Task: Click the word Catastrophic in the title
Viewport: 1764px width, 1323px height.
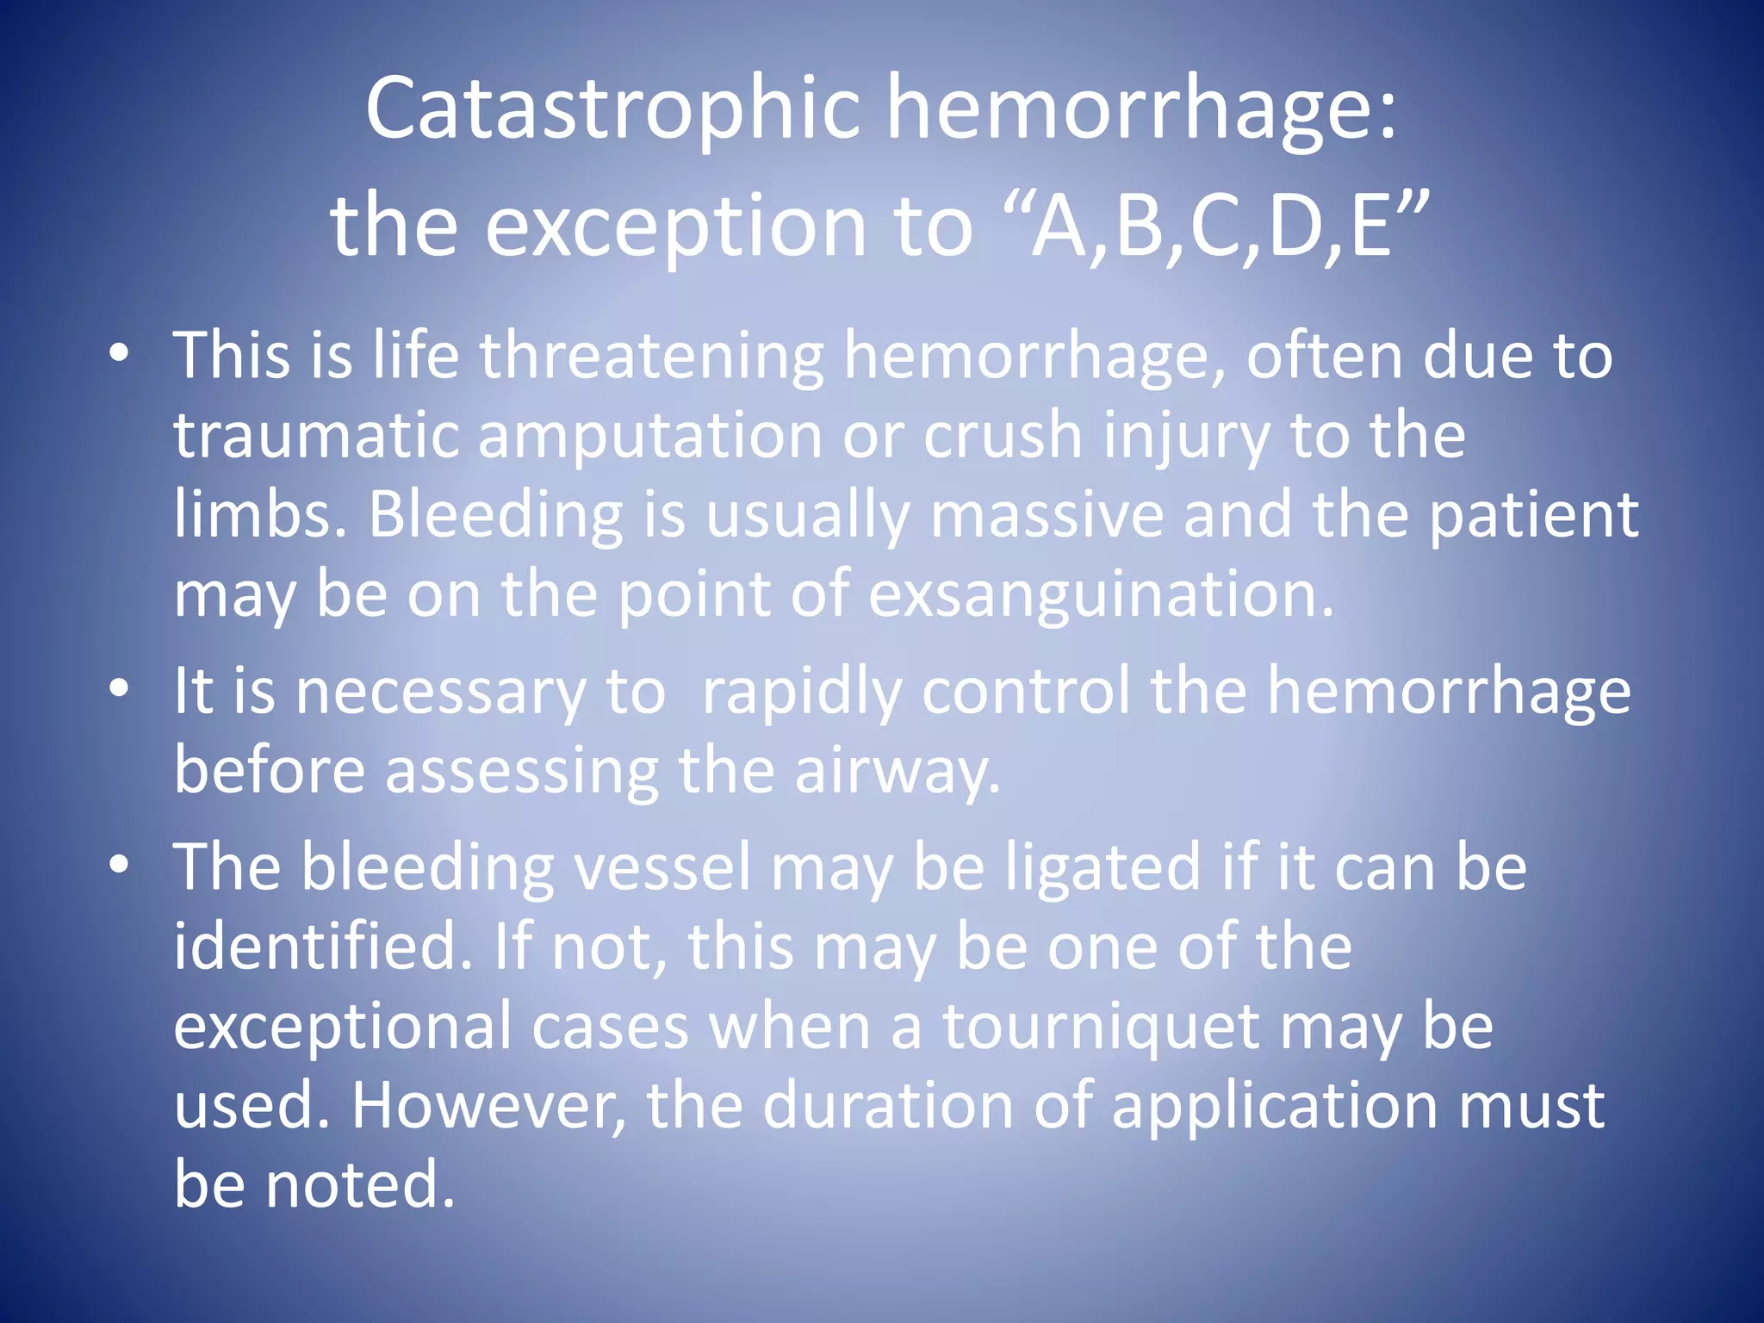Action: (612, 109)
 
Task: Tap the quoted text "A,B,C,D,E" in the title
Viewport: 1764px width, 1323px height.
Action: (1222, 226)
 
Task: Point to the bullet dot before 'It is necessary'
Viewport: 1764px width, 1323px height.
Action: (120, 689)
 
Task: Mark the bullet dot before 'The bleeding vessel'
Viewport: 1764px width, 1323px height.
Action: (120, 865)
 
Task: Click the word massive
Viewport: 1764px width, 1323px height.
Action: (1047, 514)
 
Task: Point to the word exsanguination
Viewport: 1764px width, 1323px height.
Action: (1100, 594)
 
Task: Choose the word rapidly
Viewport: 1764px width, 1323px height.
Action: (802, 692)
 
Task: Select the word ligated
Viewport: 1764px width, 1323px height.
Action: (1102, 867)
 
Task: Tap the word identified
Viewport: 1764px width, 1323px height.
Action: (323, 946)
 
